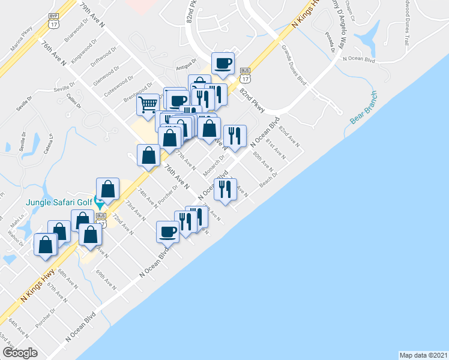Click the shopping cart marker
147,106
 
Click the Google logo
20,352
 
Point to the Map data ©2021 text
423,355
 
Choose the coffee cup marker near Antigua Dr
223,64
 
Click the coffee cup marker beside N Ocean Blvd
168,230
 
